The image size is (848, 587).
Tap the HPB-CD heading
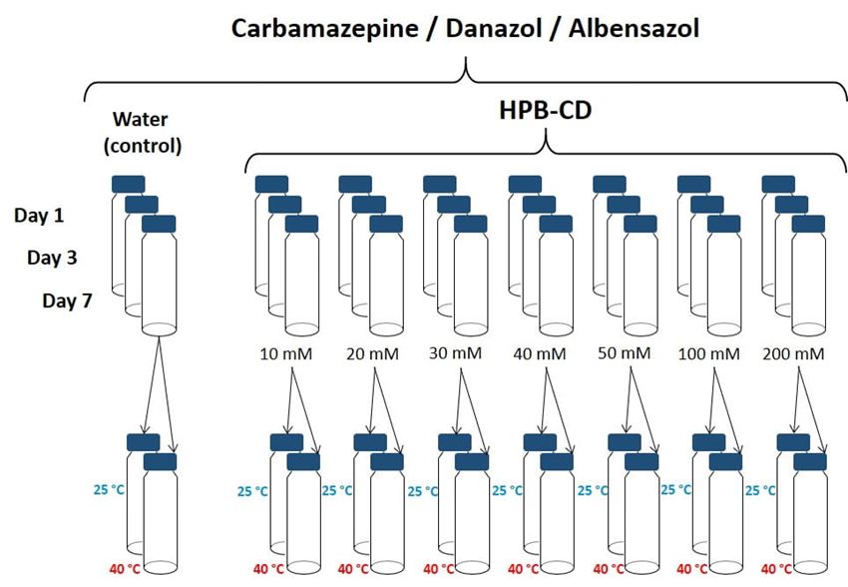(x=545, y=109)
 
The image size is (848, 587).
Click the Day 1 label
(x=42, y=215)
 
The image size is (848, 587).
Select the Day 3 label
(x=54, y=258)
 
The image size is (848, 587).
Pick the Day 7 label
(x=68, y=299)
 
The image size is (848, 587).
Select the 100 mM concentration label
(x=709, y=353)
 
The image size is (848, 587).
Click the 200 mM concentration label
(x=794, y=353)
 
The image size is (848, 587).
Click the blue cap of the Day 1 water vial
(x=128, y=184)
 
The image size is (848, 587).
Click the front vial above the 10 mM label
(x=301, y=280)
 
